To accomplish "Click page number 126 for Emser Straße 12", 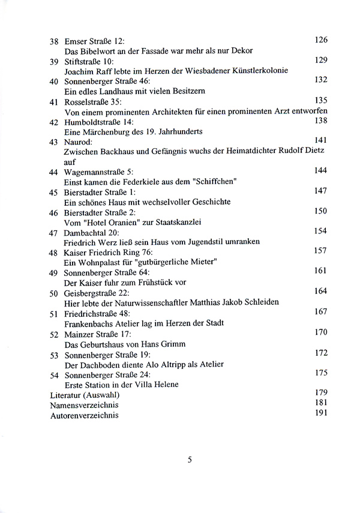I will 321,40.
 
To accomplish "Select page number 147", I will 321,190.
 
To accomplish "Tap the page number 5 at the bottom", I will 190,461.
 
